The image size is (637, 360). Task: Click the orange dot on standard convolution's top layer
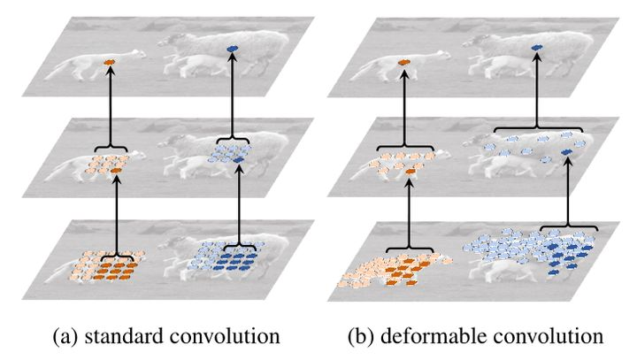pos(110,62)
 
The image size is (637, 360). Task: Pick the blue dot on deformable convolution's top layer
pos(537,48)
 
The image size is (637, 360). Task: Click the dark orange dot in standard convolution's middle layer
pos(115,168)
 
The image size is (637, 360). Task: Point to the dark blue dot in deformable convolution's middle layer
pos(566,157)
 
